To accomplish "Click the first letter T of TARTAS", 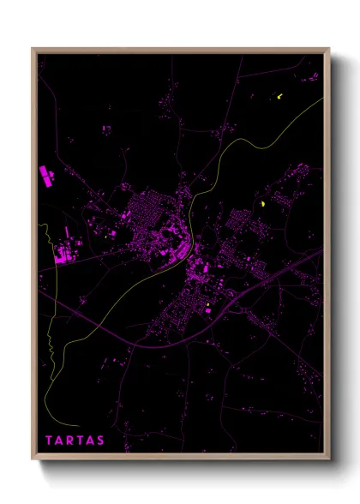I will [x=48, y=441].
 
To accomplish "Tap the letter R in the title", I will [x=71, y=441].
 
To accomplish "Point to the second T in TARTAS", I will [x=81, y=441].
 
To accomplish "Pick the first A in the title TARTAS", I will [x=59, y=441].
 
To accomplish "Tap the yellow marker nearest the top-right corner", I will [x=279, y=96].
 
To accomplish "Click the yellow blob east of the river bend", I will [x=262, y=204].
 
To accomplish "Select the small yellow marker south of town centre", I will [x=207, y=303].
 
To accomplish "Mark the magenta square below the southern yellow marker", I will [x=207, y=310].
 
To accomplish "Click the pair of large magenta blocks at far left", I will [x=45, y=176].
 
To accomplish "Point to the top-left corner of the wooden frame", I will [x=33, y=49].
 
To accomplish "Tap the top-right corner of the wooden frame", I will [x=330, y=49].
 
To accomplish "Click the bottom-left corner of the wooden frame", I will [x=33, y=459].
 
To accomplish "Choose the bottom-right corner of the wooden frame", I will [x=330, y=459].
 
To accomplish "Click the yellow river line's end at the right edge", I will [x=322, y=99].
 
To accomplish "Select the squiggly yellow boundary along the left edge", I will [x=50, y=343].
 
